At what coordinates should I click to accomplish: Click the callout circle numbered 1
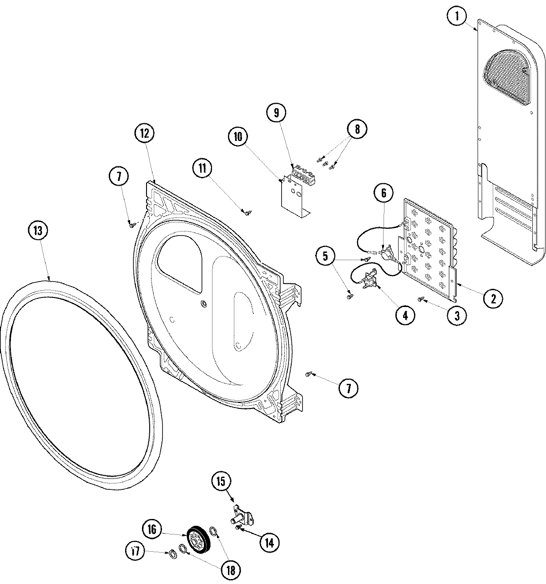(457, 17)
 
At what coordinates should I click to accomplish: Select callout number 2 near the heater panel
(493, 298)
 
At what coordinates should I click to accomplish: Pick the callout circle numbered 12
(144, 134)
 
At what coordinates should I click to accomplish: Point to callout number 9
(277, 112)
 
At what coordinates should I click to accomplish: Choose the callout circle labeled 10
(239, 137)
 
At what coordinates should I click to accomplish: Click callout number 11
(202, 168)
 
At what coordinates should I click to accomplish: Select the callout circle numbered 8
(357, 129)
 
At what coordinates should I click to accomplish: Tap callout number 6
(384, 193)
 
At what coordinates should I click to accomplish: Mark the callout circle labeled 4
(405, 315)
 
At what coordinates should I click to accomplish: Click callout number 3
(457, 315)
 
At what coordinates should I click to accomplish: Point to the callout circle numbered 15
(221, 482)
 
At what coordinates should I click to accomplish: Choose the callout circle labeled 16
(152, 529)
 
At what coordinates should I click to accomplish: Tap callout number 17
(135, 551)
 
